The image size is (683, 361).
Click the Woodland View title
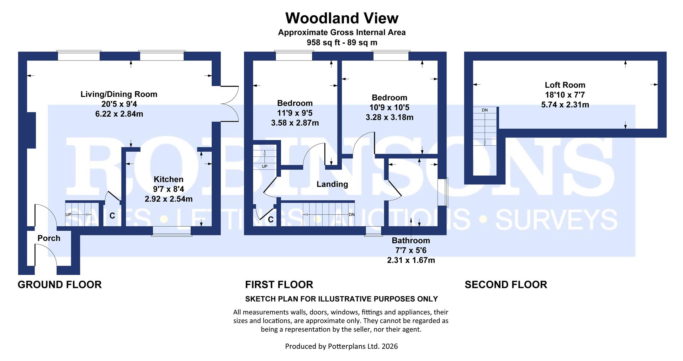tap(341, 18)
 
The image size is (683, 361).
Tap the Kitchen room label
tap(168, 179)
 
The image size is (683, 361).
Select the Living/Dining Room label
tap(119, 94)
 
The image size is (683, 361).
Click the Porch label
tap(49, 238)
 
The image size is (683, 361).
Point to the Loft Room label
tap(565, 85)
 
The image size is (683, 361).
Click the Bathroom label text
tap(411, 241)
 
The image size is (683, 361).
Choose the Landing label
tap(332, 184)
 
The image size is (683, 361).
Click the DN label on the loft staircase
tap(485, 110)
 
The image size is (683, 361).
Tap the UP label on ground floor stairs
tap(69, 215)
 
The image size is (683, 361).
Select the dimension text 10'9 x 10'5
tap(390, 107)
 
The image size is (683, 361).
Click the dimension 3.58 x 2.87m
tap(295, 123)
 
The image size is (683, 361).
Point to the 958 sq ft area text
tap(341, 43)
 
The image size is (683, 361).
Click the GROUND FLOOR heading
tap(59, 285)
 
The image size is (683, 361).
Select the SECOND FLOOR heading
tap(505, 285)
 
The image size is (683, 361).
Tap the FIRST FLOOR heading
tap(279, 285)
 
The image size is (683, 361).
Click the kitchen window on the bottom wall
tap(171, 232)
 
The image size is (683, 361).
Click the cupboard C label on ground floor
tap(112, 216)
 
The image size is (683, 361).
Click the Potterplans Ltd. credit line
tap(341, 346)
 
